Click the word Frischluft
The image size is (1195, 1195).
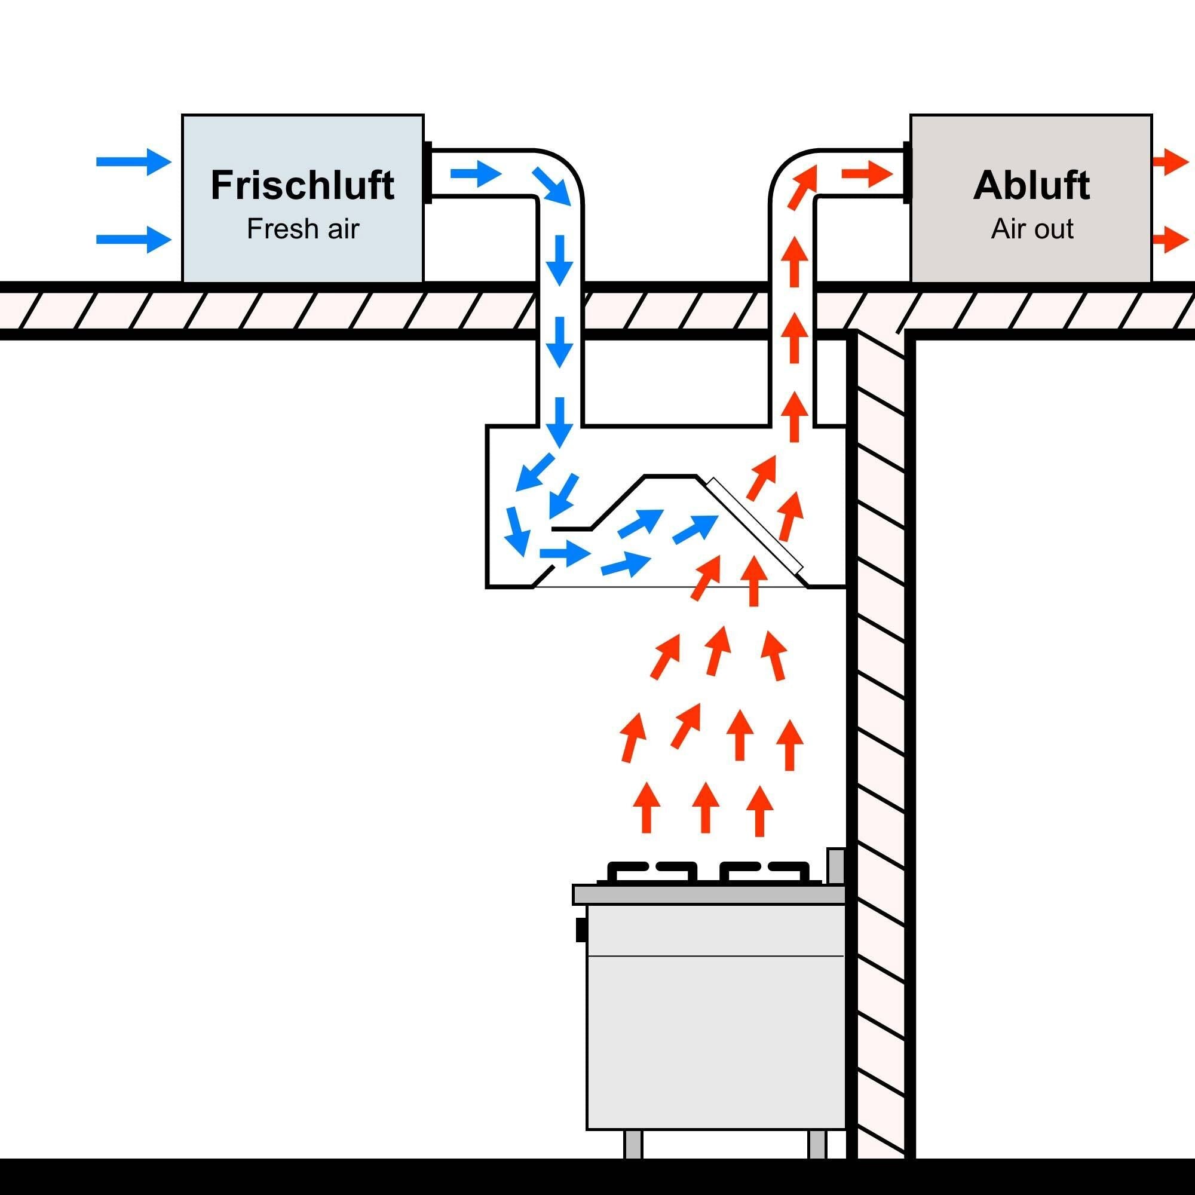point(302,186)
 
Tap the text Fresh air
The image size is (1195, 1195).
point(302,229)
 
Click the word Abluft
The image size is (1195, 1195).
point(1031,186)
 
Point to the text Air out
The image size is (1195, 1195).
point(1032,229)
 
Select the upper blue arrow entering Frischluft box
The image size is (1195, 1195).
point(134,162)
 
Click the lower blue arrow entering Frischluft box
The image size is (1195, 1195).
point(134,240)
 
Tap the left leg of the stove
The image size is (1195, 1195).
point(633,1144)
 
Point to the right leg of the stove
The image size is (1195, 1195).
point(817,1144)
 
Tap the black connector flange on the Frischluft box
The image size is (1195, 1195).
point(427,173)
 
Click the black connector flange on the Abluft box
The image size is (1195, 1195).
point(907,173)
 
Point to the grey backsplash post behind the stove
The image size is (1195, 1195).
point(836,866)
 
